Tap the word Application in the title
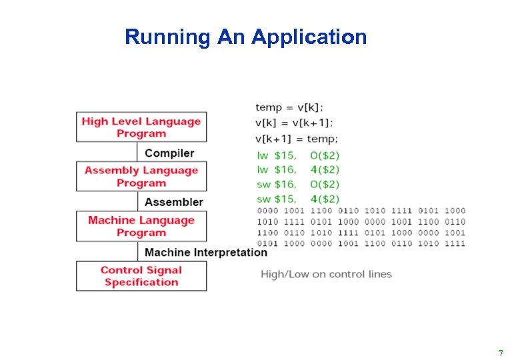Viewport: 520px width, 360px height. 309,37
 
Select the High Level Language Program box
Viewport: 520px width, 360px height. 141,127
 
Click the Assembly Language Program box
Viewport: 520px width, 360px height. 141,177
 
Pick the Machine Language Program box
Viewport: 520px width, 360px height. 141,227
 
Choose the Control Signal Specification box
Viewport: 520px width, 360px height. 141,276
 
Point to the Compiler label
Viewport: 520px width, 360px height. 169,153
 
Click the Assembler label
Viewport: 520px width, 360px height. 173,202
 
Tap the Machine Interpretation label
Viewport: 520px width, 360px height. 205,252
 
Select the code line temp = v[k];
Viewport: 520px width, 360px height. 290,107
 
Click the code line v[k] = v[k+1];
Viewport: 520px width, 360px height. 295,123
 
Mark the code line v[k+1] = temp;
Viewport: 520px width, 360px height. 297,139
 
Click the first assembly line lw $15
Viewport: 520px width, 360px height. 298,155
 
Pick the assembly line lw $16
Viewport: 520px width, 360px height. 298,170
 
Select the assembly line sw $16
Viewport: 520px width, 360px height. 298,185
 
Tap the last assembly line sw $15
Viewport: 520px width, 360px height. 298,199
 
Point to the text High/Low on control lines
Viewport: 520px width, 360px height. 326,274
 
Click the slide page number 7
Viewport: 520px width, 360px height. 501,353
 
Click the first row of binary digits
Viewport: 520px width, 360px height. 361,211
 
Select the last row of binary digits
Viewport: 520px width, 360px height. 361,244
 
